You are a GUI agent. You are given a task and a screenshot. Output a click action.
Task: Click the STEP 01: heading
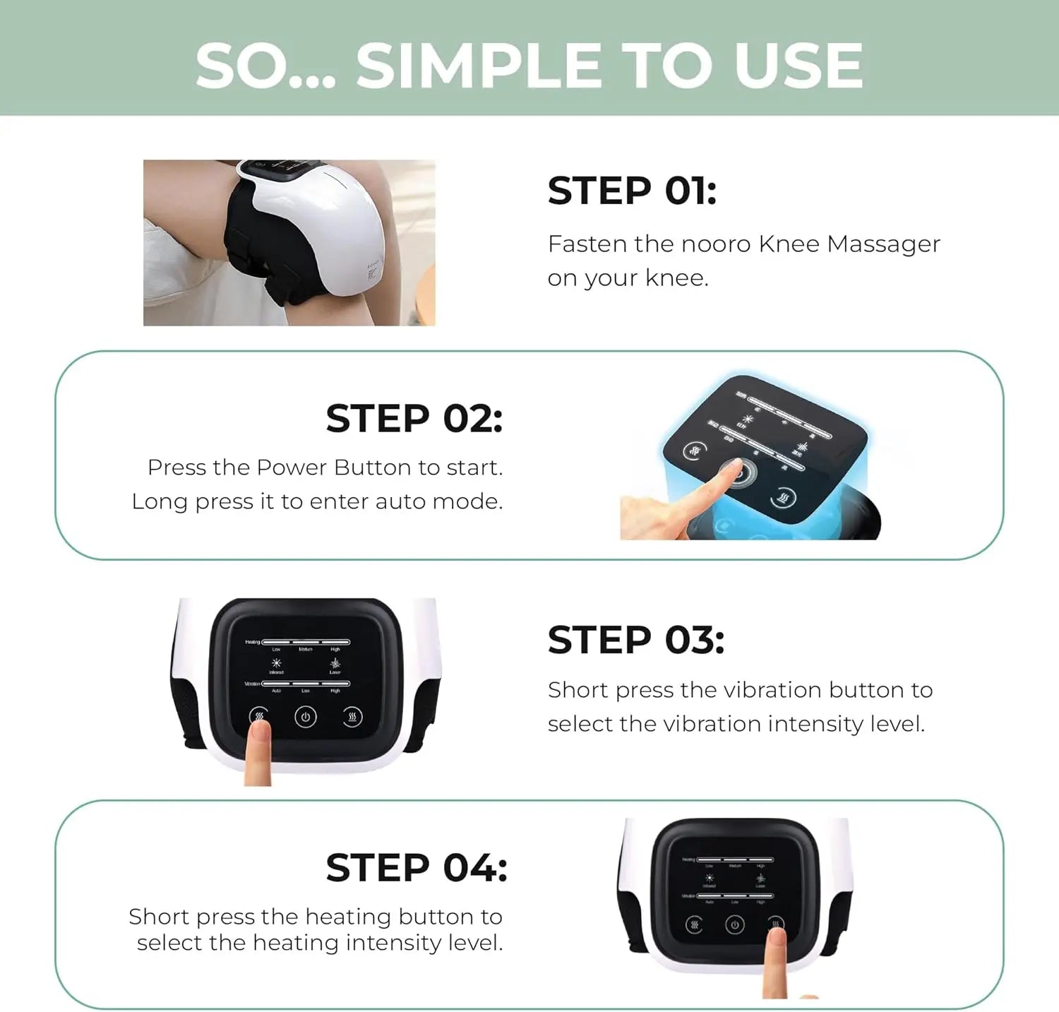[632, 191]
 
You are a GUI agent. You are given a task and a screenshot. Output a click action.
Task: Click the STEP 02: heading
[414, 419]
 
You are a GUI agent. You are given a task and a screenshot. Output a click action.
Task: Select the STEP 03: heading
[635, 641]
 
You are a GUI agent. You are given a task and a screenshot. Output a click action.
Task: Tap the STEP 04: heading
[416, 868]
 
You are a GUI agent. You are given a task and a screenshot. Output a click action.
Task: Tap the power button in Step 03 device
[305, 718]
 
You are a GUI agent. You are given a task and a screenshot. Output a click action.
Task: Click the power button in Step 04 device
[734, 925]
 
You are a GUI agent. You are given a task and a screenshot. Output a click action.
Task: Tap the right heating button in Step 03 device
[352, 718]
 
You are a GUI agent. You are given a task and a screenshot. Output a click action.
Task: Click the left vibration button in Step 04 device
[694, 925]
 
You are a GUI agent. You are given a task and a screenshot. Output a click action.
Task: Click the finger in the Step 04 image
[776, 960]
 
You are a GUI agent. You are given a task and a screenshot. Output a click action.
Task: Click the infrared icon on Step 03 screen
[276, 663]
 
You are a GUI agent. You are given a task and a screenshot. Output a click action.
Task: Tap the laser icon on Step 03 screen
[335, 663]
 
